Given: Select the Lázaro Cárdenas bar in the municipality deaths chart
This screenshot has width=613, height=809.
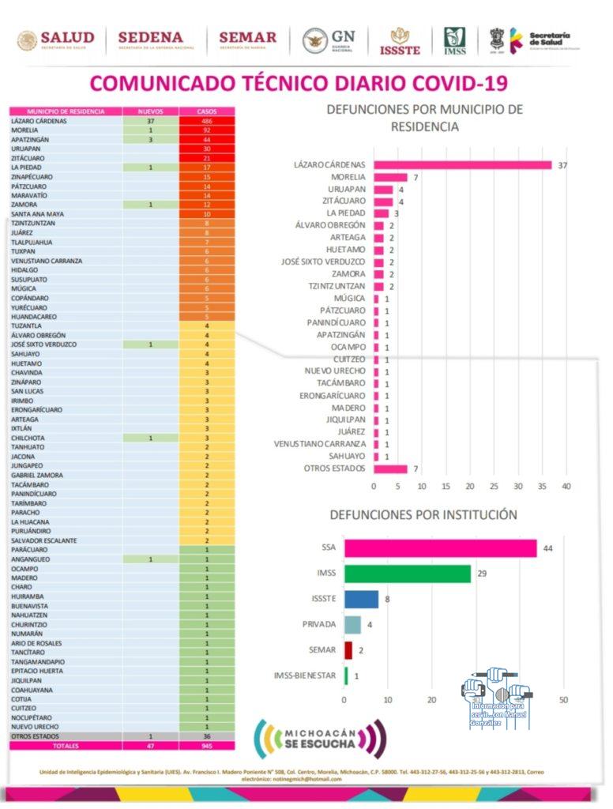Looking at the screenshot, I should point(463,165).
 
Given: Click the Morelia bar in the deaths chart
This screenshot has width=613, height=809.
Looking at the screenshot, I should point(390,177).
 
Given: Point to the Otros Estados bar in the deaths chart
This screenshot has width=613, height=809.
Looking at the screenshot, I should point(390,468).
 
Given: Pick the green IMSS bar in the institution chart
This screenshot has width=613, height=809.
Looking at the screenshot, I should point(408,574).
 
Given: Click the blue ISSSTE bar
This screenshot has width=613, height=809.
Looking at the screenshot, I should point(362,599).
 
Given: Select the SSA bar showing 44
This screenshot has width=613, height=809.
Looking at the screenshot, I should point(440,548).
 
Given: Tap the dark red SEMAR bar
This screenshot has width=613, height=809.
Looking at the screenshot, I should point(348,650).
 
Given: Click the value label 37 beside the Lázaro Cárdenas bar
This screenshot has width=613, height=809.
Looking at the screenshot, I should point(563,165).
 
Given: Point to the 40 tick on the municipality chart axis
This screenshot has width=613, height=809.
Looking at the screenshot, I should point(566,486).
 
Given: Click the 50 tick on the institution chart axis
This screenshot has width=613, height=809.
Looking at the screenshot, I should point(563,700).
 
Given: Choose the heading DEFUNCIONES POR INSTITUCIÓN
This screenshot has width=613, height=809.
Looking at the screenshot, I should point(423,515).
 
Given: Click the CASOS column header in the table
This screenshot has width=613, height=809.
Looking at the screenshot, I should point(206,111).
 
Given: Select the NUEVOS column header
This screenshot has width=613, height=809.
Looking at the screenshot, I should point(150,111).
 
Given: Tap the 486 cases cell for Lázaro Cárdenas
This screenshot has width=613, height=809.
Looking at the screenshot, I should point(206,121).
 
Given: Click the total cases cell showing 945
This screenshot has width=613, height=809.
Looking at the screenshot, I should point(206,745).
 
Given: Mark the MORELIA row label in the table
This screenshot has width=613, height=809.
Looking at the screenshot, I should point(27,130).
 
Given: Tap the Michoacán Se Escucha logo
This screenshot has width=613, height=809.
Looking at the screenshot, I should point(320,739).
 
